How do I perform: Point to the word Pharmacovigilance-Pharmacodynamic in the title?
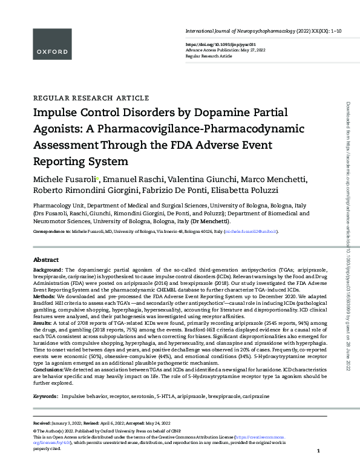click(201, 129)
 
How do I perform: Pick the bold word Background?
click(48, 270)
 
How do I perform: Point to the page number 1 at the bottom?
click(318, 468)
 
